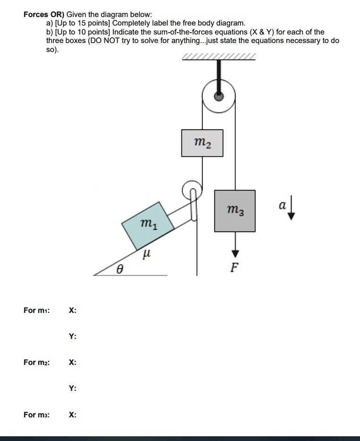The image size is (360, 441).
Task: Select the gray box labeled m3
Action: (235, 210)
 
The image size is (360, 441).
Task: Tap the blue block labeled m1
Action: (147, 225)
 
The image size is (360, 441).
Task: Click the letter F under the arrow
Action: (234, 268)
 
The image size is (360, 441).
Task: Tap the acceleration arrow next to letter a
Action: (291, 211)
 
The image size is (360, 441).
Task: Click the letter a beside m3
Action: (282, 206)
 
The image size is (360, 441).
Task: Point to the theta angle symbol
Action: (120, 270)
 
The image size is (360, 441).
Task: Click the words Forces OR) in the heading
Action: (44, 14)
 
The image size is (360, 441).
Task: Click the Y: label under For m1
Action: (72, 337)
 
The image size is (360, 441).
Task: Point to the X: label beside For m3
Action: (72, 415)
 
